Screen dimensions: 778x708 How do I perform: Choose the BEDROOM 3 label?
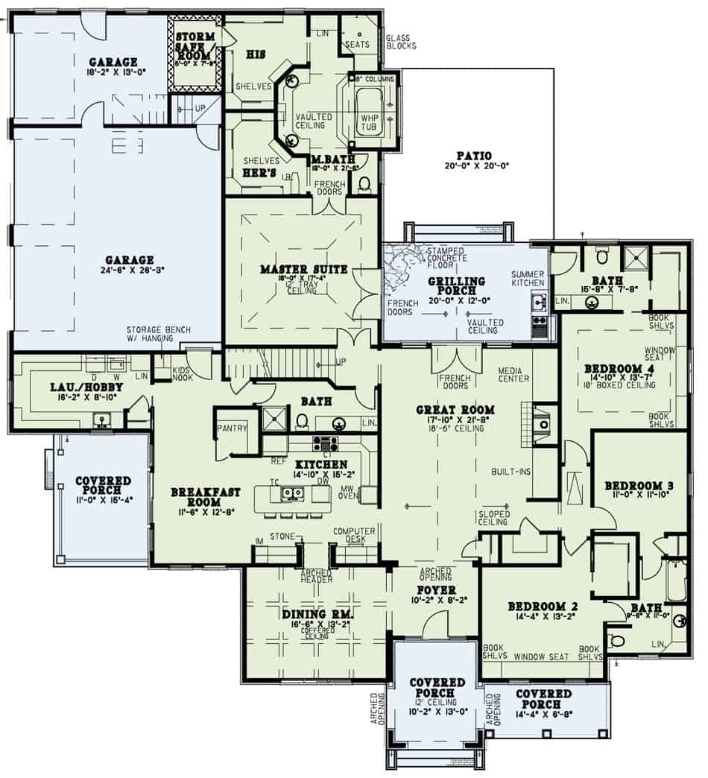pos(639,486)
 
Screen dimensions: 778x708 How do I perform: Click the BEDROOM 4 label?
pos(618,367)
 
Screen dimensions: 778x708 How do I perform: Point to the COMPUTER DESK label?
pos(353,534)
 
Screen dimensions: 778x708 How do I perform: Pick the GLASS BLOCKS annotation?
pos(401,41)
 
